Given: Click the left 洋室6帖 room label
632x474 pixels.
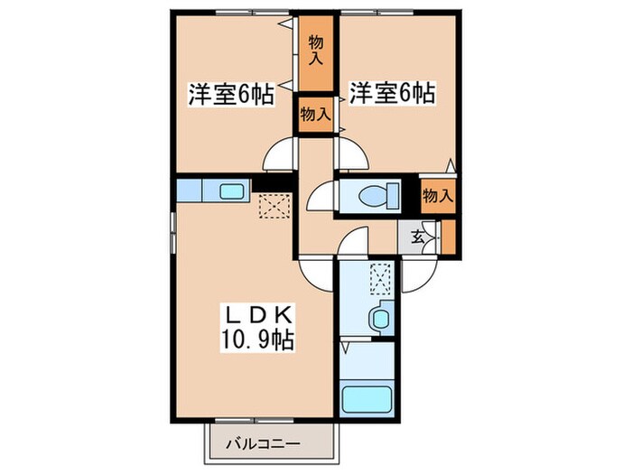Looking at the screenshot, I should click(x=230, y=94).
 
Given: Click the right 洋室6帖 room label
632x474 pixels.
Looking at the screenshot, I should click(x=393, y=92).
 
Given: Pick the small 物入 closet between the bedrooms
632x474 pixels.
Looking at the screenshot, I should click(x=315, y=115).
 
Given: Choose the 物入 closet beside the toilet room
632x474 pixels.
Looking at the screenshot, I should click(x=437, y=195).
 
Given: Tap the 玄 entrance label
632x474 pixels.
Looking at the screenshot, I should click(x=419, y=237).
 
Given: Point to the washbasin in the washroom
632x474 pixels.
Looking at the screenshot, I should click(x=379, y=317).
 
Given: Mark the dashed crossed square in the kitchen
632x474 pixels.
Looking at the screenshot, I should click(x=270, y=206).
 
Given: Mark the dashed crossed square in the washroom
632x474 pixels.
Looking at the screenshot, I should click(x=380, y=275).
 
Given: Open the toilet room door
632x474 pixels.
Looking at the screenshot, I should click(x=321, y=196).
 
